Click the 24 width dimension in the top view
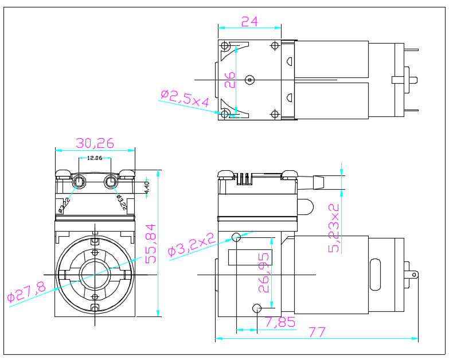click(249, 21)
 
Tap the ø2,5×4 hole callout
click(185, 98)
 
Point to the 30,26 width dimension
click(95, 143)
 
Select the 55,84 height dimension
click(150, 244)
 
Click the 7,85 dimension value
click(280, 322)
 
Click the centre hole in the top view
click(249, 79)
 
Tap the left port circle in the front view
click(79, 183)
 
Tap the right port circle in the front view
click(110, 183)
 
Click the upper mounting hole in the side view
click(236, 237)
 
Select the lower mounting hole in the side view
click(257, 308)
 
